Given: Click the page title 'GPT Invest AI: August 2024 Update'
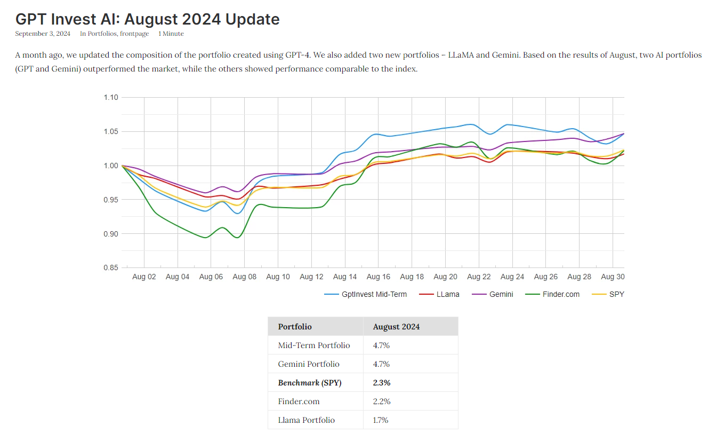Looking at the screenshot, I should tap(147, 19).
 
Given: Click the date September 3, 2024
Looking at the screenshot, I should tap(43, 34).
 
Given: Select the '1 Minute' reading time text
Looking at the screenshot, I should tap(171, 34).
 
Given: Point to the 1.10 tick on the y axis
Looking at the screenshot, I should tap(111, 98).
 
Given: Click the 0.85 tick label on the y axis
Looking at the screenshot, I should tap(111, 268).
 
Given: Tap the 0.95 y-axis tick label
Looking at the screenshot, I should tap(111, 200).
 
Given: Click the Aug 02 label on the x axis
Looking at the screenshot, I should tap(144, 277).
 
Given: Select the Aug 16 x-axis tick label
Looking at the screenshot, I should tap(378, 277).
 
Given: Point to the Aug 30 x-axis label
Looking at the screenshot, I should tap(613, 277).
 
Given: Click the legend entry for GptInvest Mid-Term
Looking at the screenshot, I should tap(374, 294).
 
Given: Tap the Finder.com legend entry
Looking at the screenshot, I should tap(560, 294).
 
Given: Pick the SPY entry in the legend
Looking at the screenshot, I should tap(616, 294).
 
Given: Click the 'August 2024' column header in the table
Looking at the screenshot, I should tap(396, 327).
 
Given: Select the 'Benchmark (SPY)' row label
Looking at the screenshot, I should tap(309, 383).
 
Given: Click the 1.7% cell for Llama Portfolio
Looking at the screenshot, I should tap(381, 420).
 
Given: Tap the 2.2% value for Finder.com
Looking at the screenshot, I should tap(381, 401).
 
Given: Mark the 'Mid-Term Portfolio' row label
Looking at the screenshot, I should tap(313, 345).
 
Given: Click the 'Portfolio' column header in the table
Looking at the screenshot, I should tap(295, 327).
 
